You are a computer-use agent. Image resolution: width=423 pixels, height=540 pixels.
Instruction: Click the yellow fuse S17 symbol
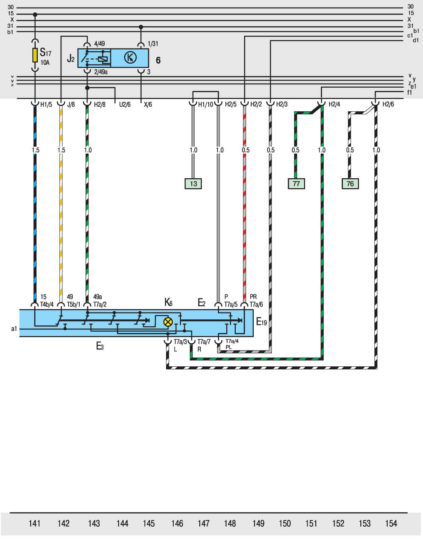point(35,55)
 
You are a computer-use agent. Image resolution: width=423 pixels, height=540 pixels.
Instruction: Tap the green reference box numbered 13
point(193,184)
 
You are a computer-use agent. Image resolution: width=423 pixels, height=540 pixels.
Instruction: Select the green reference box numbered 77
point(296,184)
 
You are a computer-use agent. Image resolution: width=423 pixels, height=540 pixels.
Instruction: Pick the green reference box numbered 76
point(350,184)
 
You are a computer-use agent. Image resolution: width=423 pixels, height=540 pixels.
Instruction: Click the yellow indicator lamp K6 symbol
point(168,322)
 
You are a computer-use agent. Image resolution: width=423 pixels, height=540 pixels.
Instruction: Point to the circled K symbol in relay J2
point(130,58)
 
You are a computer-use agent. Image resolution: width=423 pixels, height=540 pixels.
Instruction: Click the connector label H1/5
point(46,105)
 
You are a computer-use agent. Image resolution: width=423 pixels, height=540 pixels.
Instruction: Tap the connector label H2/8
point(100,105)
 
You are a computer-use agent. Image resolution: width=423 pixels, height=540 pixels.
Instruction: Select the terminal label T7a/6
point(256,304)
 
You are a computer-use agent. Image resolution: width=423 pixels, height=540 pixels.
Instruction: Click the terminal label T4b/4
point(47,304)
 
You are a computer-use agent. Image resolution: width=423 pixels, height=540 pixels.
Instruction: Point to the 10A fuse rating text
point(45,63)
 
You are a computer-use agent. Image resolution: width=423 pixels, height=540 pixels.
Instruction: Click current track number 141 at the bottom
point(34,523)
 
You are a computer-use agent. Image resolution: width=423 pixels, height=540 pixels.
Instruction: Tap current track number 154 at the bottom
point(391,523)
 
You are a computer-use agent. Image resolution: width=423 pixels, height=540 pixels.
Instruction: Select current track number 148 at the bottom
point(230,523)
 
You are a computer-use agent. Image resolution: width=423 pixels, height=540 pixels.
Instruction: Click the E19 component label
point(262,322)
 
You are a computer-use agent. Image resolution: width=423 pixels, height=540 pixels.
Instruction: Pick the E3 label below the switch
point(100,346)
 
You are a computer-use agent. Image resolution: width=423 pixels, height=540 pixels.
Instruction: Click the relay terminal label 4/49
point(100,44)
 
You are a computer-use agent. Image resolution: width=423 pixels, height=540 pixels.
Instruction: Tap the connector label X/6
point(148,105)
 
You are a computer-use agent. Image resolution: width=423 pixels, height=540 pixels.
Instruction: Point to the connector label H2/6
point(388,104)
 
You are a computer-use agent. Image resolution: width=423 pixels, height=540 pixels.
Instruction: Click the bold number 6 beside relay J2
point(158,61)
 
